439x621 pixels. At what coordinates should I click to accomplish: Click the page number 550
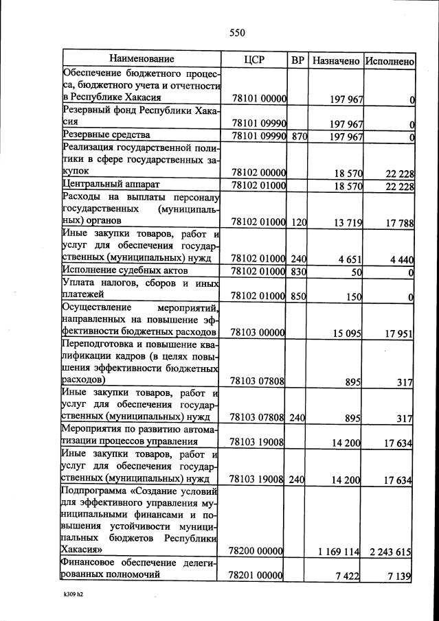click(x=237, y=32)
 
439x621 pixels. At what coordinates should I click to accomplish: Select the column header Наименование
click(x=142, y=60)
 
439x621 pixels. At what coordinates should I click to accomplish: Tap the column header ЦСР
click(x=254, y=60)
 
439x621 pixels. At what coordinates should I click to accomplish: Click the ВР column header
click(x=298, y=60)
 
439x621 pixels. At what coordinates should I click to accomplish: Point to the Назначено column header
click(x=336, y=60)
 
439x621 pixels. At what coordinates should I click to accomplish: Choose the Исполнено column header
click(x=390, y=60)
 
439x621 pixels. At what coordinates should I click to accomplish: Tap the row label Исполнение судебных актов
click(x=121, y=271)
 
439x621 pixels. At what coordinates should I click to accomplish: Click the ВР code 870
click(x=298, y=137)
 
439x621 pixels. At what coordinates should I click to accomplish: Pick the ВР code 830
click(x=298, y=272)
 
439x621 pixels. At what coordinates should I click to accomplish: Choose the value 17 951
click(x=396, y=333)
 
